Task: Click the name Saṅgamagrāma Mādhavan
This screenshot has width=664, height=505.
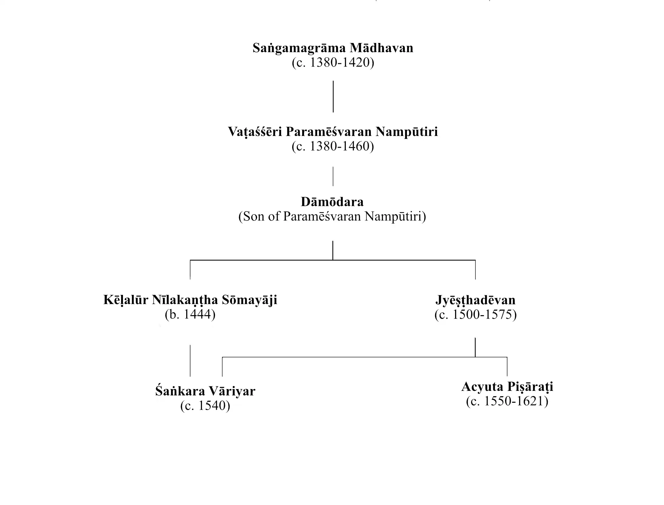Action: click(333, 48)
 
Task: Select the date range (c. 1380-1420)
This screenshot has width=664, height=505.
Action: click(333, 63)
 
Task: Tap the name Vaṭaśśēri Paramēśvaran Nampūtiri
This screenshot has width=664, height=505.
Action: click(333, 132)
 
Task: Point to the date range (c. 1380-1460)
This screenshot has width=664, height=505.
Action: click(333, 146)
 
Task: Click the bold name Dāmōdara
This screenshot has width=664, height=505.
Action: click(332, 202)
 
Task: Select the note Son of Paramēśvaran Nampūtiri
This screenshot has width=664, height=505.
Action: click(332, 216)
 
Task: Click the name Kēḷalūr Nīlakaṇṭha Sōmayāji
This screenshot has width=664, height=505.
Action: click(190, 300)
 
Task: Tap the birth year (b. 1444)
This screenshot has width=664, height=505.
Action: click(190, 314)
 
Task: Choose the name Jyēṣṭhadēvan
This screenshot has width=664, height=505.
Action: click(475, 300)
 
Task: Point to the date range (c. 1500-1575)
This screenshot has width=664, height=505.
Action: click(475, 315)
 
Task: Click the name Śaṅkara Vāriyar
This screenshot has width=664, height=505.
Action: click(205, 391)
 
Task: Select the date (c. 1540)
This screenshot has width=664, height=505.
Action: click(205, 406)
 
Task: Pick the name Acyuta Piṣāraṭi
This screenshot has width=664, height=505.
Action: click(507, 387)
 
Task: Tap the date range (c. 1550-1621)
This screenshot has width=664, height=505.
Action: click(507, 401)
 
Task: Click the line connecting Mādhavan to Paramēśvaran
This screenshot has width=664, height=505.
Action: click(333, 97)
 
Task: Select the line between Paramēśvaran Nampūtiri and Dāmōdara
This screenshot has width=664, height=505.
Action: click(333, 176)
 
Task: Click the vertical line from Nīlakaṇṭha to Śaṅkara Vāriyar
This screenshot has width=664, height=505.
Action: click(190, 360)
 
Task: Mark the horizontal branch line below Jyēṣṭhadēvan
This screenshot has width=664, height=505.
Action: click(348, 357)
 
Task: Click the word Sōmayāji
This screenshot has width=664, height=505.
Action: click(249, 300)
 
